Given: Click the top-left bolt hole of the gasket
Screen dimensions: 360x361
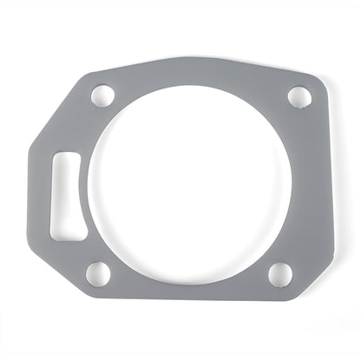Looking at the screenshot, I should coord(104,93).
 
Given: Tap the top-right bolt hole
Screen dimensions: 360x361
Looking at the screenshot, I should coord(298,95).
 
